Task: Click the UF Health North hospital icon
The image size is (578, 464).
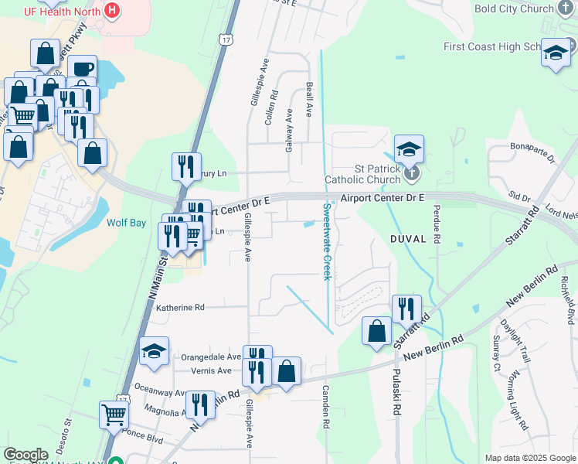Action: click(112, 11)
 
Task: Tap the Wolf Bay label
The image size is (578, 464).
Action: click(126, 223)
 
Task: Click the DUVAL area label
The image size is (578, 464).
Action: click(408, 240)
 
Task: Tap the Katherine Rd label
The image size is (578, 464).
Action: click(180, 307)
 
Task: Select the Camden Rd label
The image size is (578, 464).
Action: click(326, 407)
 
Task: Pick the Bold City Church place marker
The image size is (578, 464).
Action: click(567, 9)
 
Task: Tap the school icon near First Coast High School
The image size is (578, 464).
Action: click(555, 53)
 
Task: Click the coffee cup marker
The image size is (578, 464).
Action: click(82, 69)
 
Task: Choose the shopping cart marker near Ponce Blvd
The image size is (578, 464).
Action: click(114, 415)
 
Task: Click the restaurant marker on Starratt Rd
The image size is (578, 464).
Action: click(406, 309)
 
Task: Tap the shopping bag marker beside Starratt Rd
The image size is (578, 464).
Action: click(376, 331)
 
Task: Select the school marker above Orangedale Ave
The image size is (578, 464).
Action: click(155, 351)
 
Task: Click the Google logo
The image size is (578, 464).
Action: click(25, 455)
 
